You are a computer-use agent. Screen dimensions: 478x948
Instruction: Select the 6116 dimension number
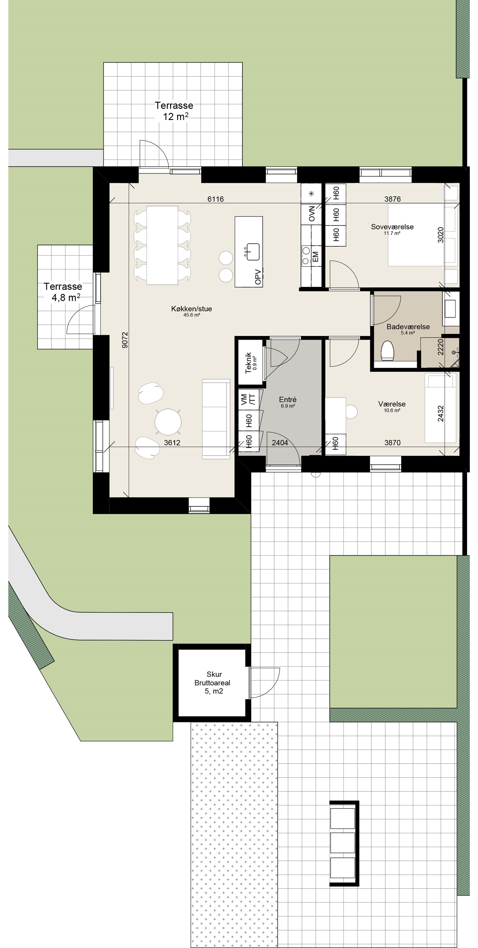215,199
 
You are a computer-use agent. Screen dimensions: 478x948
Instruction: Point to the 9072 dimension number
125,340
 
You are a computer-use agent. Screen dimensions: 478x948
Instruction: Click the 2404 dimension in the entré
280,443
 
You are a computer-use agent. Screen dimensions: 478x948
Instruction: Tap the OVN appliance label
312,214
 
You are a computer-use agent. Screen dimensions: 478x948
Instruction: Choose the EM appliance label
315,257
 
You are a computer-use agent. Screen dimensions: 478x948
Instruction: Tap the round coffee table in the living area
168,422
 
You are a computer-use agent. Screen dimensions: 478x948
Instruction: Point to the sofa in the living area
216,419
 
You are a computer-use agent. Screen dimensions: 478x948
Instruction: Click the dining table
162,245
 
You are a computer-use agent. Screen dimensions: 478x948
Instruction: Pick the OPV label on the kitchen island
258,277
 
